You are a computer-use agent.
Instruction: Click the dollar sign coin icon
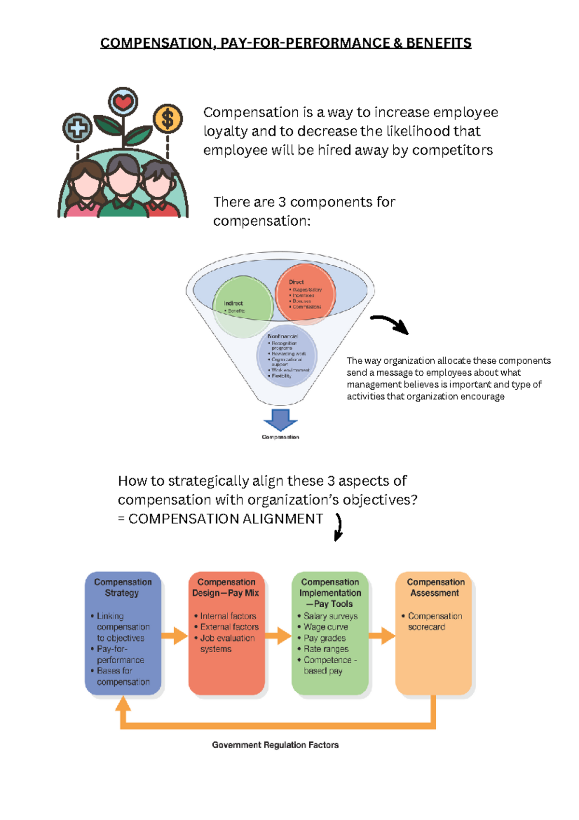(x=167, y=119)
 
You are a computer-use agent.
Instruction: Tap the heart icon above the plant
(x=123, y=102)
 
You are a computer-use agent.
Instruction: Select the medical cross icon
(x=77, y=128)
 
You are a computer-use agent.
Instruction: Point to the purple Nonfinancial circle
(x=287, y=356)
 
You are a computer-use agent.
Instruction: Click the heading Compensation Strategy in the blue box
(x=123, y=587)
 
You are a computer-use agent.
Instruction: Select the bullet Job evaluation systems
(x=227, y=643)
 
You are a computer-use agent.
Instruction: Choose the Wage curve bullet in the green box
(x=326, y=627)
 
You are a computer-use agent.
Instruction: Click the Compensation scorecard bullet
(x=434, y=622)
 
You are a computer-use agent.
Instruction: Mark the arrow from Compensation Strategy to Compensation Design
(x=174, y=636)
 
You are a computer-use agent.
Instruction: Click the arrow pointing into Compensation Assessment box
(x=382, y=636)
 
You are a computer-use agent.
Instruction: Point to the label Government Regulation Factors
(x=275, y=745)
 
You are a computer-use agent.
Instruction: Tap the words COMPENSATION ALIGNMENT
(x=225, y=519)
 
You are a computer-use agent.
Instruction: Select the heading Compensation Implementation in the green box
(x=330, y=588)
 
